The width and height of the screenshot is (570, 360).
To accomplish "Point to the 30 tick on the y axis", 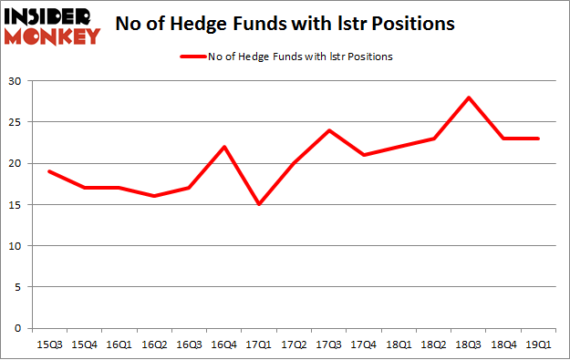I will (x=17, y=81).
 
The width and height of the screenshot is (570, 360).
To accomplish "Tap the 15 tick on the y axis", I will (x=17, y=205).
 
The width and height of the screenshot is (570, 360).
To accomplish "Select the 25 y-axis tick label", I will (x=17, y=122).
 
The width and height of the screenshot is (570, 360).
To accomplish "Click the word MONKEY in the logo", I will (x=53, y=36).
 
